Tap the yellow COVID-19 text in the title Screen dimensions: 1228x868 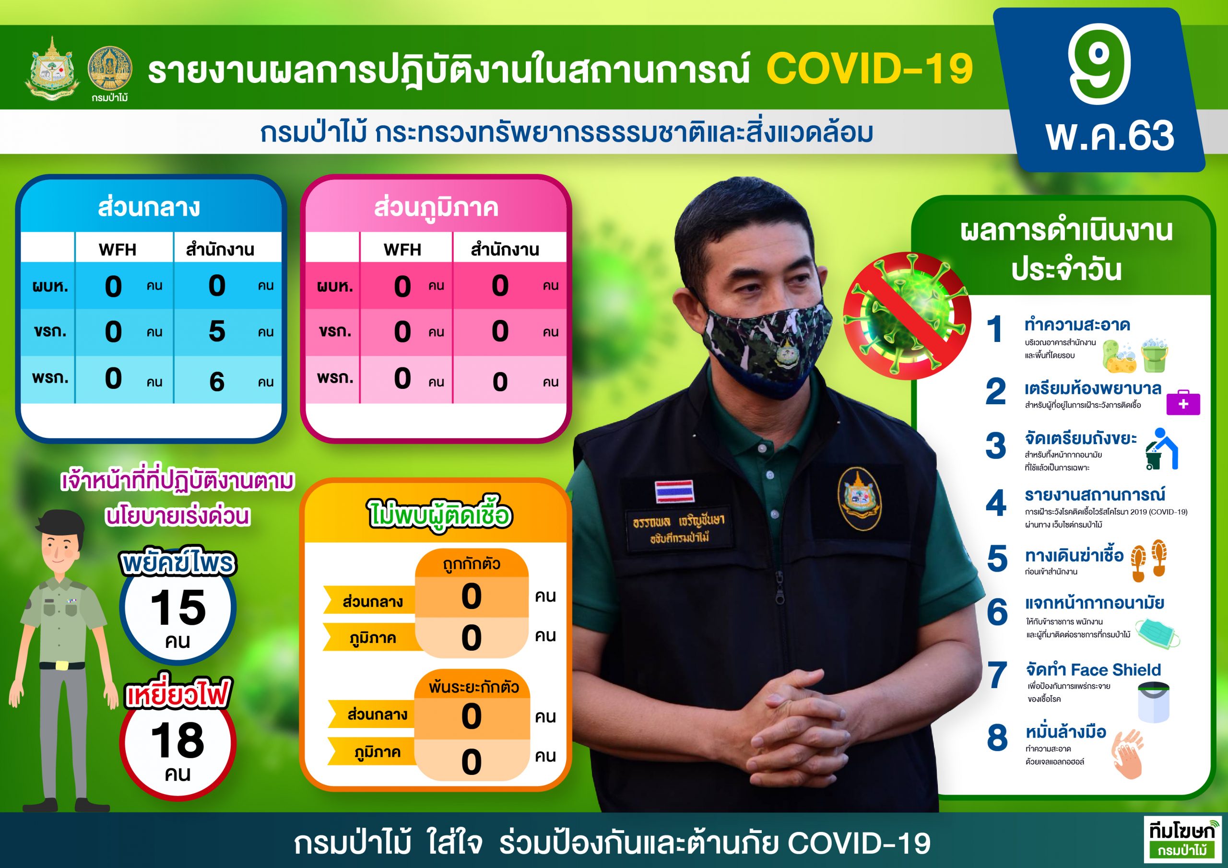click(870, 69)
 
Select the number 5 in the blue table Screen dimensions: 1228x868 click(217, 331)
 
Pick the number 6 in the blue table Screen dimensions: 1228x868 click(217, 381)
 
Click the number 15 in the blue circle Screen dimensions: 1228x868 click(177, 608)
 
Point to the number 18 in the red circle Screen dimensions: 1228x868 click(177, 741)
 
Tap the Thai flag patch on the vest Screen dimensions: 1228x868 click(674, 491)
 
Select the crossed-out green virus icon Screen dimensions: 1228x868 click(907, 316)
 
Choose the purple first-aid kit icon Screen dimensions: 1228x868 click(1183, 404)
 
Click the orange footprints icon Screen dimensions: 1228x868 click(1149, 561)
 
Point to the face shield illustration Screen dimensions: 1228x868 click(1154, 702)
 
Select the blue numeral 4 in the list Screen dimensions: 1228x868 click(996, 503)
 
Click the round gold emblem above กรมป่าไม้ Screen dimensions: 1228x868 click(110, 68)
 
